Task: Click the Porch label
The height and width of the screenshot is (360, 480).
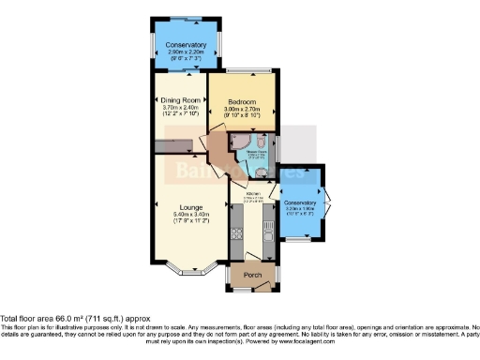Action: pyautogui.click(x=253, y=275)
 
